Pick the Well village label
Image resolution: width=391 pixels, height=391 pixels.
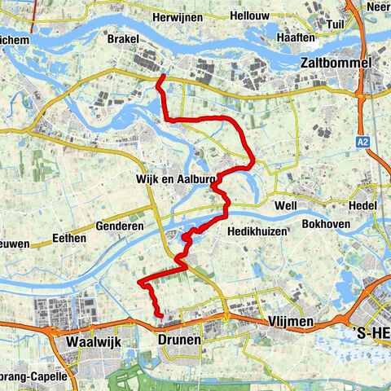coord(285,205)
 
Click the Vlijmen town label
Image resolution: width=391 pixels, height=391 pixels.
coord(290,323)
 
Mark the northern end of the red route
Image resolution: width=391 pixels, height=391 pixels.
coord(163,77)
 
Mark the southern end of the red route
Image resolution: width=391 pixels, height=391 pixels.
coord(160,316)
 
